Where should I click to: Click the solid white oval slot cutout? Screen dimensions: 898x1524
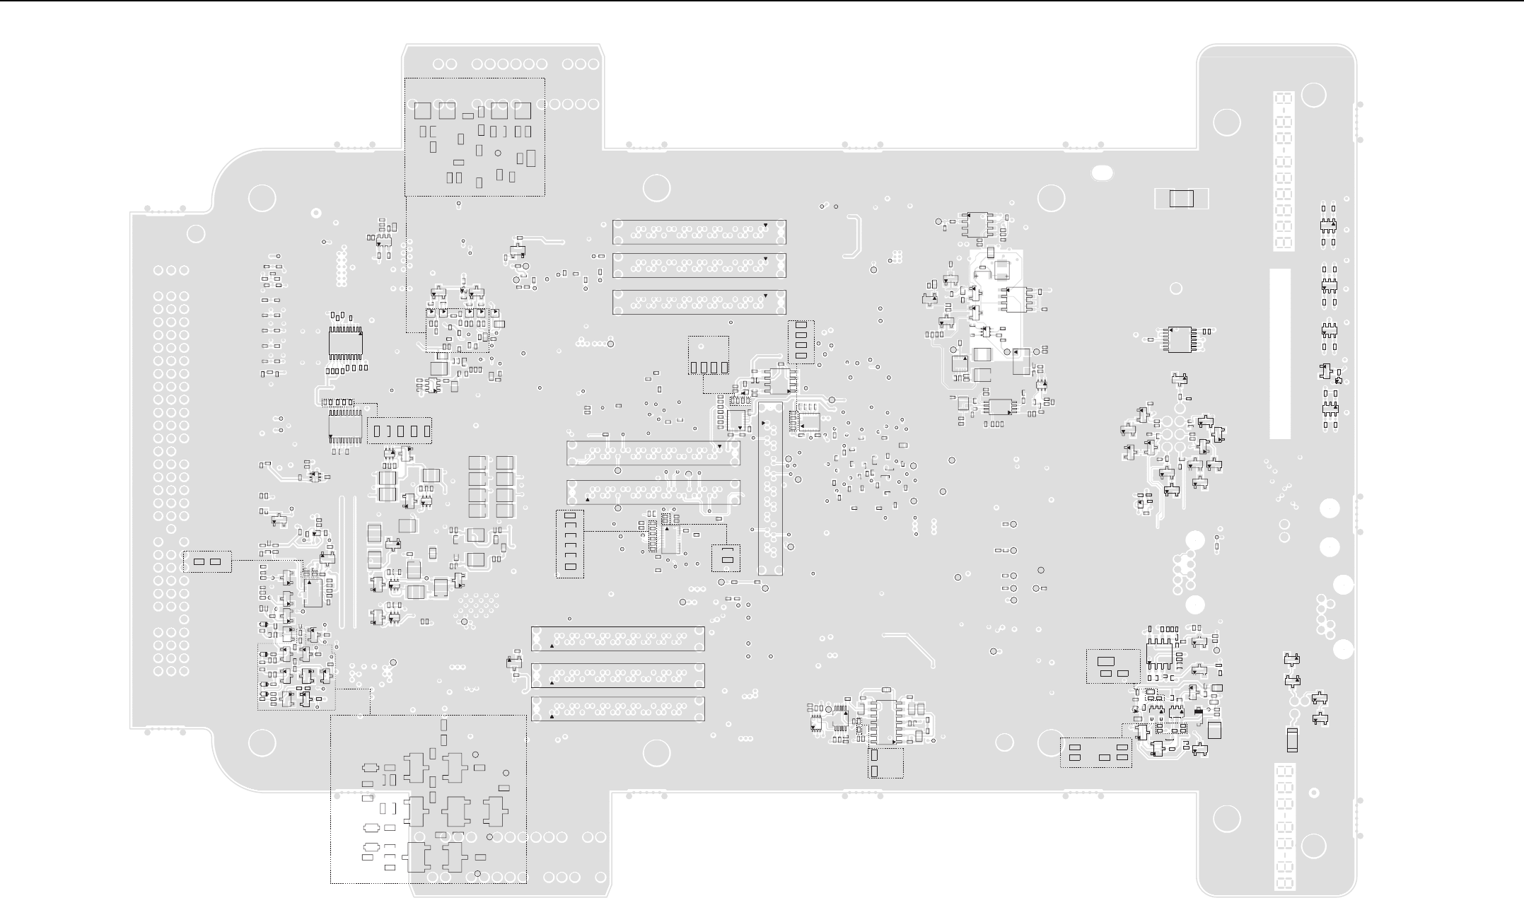click(x=1102, y=173)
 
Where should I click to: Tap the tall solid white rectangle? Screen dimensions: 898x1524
click(x=1280, y=353)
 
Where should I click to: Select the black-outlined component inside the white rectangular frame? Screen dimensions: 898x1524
click(x=1181, y=199)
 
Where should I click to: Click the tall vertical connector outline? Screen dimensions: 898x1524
click(x=770, y=488)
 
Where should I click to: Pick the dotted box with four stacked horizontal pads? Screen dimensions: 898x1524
click(x=801, y=342)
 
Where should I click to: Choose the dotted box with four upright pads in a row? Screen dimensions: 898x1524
click(x=709, y=356)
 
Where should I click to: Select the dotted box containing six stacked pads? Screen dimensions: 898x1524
click(x=570, y=544)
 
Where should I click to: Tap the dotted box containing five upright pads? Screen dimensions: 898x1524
click(x=400, y=430)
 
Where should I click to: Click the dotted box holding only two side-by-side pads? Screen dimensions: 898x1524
click(x=207, y=561)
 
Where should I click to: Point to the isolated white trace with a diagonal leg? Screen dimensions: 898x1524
click(x=912, y=648)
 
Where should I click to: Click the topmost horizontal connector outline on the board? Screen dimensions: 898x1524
click(x=699, y=232)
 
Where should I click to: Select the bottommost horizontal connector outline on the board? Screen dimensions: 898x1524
click(x=617, y=709)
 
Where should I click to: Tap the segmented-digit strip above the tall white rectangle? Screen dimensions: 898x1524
click(x=1284, y=170)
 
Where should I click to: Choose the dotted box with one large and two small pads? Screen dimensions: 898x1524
click(x=1112, y=666)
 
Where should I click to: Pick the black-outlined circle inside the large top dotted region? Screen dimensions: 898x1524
click(x=498, y=153)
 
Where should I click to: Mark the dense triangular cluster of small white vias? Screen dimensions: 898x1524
click(x=477, y=605)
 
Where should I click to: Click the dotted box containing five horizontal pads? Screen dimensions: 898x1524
click(x=1095, y=752)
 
